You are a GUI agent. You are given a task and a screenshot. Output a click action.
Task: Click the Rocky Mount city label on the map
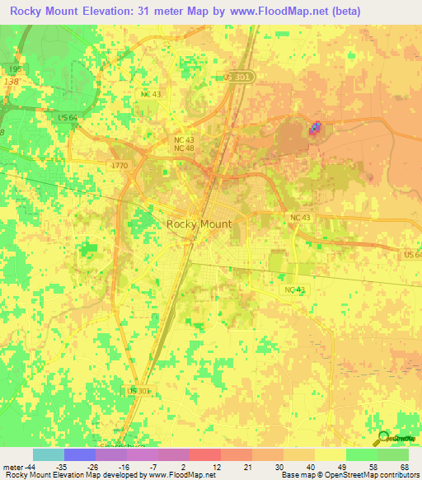[x=199, y=224]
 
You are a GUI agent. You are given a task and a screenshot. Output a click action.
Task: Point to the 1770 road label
[x=120, y=166]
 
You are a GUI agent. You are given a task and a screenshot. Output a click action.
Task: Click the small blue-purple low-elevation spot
[x=315, y=127]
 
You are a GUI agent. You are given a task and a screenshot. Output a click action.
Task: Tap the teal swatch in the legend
[x=48, y=454]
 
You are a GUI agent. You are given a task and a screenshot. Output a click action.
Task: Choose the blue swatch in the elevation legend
[x=79, y=454]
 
